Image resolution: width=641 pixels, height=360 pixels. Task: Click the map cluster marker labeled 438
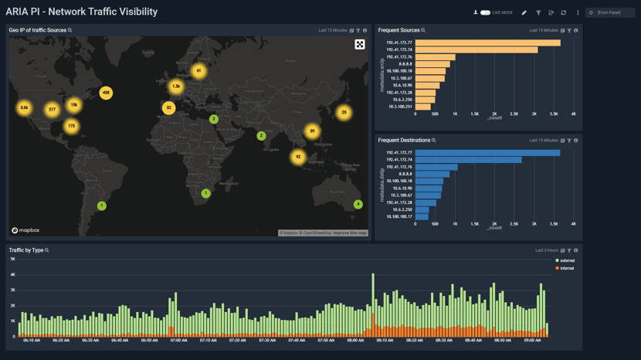coord(106,93)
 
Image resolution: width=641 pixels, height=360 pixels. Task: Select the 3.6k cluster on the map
coord(24,108)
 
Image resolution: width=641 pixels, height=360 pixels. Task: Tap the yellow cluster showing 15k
coord(73,105)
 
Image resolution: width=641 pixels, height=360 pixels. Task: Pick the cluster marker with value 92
coord(298,157)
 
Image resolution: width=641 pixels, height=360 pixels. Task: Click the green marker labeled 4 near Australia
coord(358,205)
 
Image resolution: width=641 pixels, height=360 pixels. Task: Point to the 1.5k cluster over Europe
coord(176,87)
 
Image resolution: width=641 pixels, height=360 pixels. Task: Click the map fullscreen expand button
coord(360,45)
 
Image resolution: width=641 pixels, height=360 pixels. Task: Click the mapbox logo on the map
coord(25,230)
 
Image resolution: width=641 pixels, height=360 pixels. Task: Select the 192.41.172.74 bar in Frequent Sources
coord(476,50)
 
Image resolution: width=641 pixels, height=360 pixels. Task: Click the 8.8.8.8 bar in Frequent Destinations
coord(432,175)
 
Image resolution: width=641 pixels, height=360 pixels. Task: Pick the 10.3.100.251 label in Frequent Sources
coord(400,107)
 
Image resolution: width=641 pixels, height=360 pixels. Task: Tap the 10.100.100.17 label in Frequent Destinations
coord(399,216)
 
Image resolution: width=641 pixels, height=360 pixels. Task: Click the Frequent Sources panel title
coord(399,30)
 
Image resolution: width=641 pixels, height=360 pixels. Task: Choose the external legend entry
coord(566,261)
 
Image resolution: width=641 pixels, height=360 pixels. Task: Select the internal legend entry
coord(566,268)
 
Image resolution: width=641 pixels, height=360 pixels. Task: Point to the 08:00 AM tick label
coord(355,340)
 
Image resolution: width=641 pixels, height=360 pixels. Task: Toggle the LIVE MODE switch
coord(485,12)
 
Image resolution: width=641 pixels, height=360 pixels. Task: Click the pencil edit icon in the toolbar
coord(524,12)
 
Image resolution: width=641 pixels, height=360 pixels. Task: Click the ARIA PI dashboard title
coord(81,12)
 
